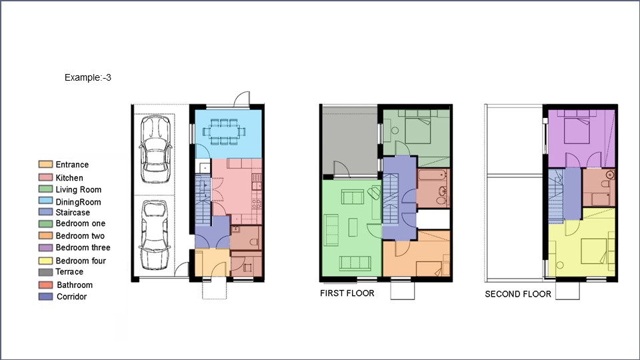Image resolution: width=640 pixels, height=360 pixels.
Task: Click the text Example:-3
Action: coord(87,78)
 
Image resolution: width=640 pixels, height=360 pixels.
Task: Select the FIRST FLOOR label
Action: coord(347,293)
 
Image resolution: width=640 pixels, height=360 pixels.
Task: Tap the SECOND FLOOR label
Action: coord(518,294)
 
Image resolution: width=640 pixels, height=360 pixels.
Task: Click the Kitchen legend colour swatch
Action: coord(45,178)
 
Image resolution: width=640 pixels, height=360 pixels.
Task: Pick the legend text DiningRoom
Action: coord(78,202)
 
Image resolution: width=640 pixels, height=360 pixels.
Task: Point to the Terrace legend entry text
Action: coord(69,272)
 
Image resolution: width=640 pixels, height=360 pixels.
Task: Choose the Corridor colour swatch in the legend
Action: coord(45,297)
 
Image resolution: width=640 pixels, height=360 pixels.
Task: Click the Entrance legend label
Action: coord(72,165)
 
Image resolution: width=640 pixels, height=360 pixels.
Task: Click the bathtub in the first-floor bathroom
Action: coord(434,178)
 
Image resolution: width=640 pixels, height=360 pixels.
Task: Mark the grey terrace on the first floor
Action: coord(349,140)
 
